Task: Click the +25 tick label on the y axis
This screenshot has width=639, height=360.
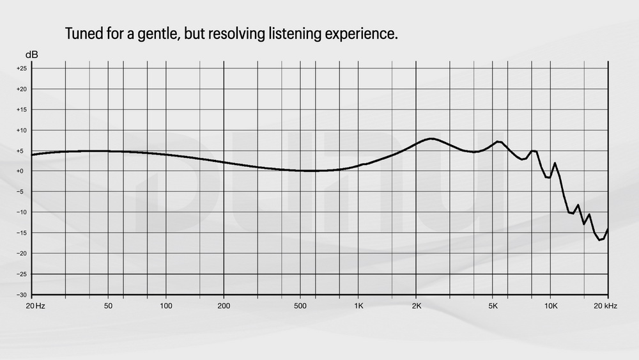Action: pyautogui.click(x=22, y=68)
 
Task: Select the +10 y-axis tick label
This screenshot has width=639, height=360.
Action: pyautogui.click(x=22, y=130)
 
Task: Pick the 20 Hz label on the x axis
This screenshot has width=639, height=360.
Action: pyautogui.click(x=35, y=306)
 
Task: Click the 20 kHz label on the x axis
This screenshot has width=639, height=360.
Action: pyautogui.click(x=604, y=306)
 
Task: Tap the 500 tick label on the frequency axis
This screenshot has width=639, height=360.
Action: pyautogui.click(x=301, y=306)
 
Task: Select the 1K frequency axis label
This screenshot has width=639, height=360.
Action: pyautogui.click(x=358, y=306)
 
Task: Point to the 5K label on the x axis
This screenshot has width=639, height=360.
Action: pyautogui.click(x=493, y=306)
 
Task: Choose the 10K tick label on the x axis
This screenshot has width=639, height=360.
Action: pyautogui.click(x=551, y=306)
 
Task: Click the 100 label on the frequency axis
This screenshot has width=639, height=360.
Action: pyautogui.click(x=166, y=306)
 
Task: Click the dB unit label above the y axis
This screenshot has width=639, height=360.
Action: pyautogui.click(x=32, y=54)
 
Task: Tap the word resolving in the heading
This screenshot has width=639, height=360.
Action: pyautogui.click(x=240, y=34)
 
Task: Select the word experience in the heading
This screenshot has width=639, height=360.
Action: pyautogui.click(x=363, y=34)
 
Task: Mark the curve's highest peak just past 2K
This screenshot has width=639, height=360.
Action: pyautogui.click(x=432, y=138)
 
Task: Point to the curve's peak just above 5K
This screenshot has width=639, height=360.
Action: pyautogui.click(x=498, y=141)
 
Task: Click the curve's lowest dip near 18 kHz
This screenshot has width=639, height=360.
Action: pyautogui.click(x=599, y=240)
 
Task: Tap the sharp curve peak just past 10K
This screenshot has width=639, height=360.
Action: pyautogui.click(x=555, y=163)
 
